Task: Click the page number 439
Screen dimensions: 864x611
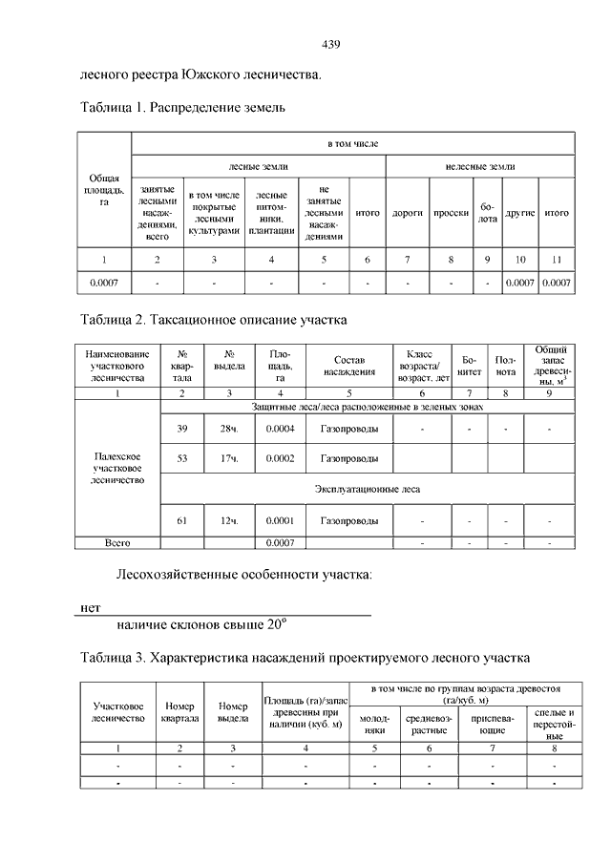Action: pyautogui.click(x=331, y=44)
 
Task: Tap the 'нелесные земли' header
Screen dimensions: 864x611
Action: pyautogui.click(x=479, y=167)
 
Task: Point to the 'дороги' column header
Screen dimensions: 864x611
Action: pyautogui.click(x=408, y=213)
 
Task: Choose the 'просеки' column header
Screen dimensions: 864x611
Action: pyautogui.click(x=450, y=213)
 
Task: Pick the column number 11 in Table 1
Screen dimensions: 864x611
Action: pyautogui.click(x=557, y=260)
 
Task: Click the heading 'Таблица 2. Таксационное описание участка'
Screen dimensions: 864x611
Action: pyautogui.click(x=214, y=317)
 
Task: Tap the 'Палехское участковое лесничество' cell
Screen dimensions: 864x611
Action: pyautogui.click(x=116, y=469)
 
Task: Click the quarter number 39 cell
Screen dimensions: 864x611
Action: pyautogui.click(x=182, y=429)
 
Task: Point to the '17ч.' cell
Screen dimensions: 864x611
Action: pyautogui.click(x=228, y=459)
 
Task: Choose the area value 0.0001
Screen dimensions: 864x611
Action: pyautogui.click(x=281, y=521)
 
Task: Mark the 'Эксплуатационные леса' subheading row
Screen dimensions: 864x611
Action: pyautogui.click(x=368, y=490)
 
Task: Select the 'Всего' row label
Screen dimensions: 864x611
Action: pyautogui.click(x=116, y=542)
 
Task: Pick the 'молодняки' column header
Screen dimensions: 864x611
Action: pyautogui.click(x=372, y=724)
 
